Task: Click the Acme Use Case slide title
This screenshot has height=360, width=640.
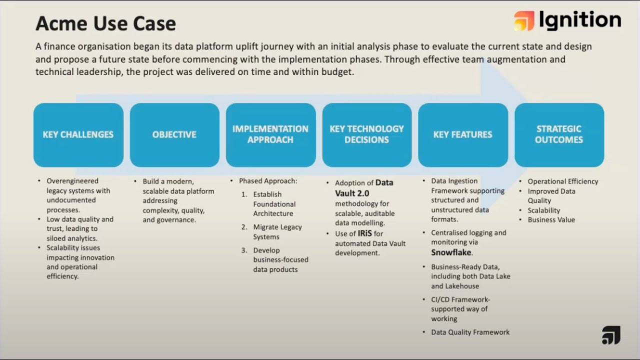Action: [105, 23]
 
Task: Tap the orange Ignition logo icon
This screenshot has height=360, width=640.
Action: [524, 21]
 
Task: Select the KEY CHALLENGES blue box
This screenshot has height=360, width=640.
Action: [78, 134]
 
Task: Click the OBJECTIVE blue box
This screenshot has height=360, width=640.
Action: [174, 134]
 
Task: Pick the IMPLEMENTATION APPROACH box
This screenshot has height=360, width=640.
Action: [270, 134]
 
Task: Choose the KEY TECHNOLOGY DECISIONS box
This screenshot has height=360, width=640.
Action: [366, 134]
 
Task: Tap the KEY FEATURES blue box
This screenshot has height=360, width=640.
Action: [462, 134]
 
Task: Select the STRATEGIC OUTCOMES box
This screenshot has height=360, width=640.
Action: [559, 134]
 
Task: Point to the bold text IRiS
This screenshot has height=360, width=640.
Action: [364, 233]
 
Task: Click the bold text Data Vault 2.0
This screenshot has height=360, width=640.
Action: [364, 188]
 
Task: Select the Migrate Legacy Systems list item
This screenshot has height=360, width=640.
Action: [277, 232]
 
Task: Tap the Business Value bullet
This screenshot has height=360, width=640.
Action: [551, 220]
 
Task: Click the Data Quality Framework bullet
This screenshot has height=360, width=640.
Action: [470, 332]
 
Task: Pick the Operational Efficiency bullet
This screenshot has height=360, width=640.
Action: [562, 181]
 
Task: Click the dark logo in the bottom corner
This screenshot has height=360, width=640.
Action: [611, 335]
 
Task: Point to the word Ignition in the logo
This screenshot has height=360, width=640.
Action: [580, 20]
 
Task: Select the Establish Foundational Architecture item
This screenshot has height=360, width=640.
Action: [274, 204]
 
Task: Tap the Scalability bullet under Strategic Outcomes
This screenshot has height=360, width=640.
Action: [543, 210]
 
